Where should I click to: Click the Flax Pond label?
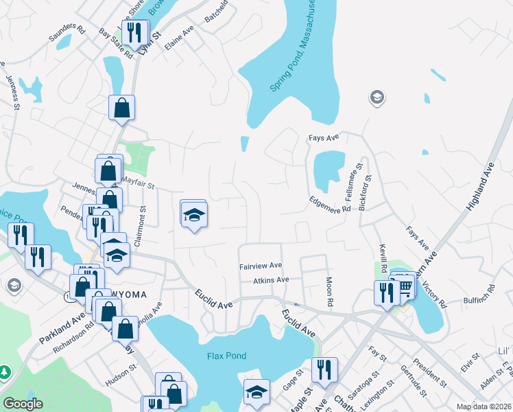tap(226, 356)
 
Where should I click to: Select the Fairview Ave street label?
tap(261, 265)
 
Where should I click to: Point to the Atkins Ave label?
tap(271, 280)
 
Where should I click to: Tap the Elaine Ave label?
tap(180, 42)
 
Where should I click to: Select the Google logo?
tap(23, 404)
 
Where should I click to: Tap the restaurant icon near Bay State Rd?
tap(134, 32)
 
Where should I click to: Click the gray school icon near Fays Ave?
tap(377, 98)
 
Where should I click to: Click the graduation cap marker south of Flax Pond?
tap(256, 391)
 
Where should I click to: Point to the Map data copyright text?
tap(484, 407)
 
